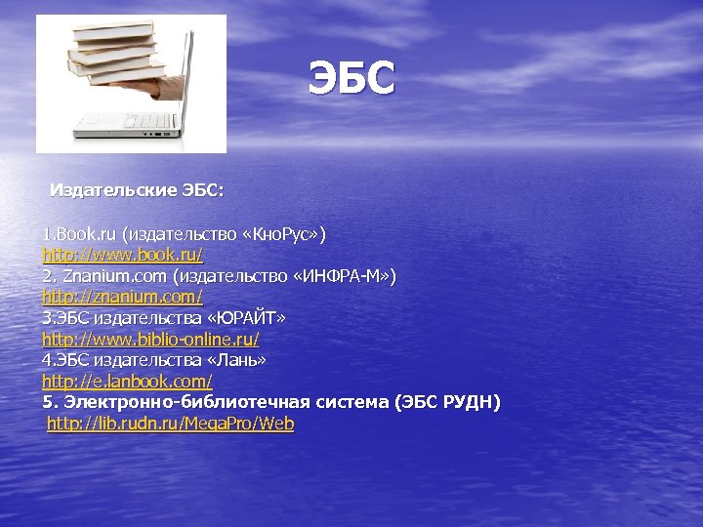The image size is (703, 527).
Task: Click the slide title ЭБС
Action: coord(351,78)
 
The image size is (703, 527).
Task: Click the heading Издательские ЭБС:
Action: coord(137,189)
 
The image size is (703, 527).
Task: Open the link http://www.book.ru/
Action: coord(122,255)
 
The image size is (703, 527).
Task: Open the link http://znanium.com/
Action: coord(122,297)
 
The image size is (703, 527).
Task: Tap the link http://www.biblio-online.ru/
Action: coord(150,339)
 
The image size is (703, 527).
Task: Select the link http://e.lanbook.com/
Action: coord(127,381)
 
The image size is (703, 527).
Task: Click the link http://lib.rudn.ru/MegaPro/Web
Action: coord(171,424)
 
